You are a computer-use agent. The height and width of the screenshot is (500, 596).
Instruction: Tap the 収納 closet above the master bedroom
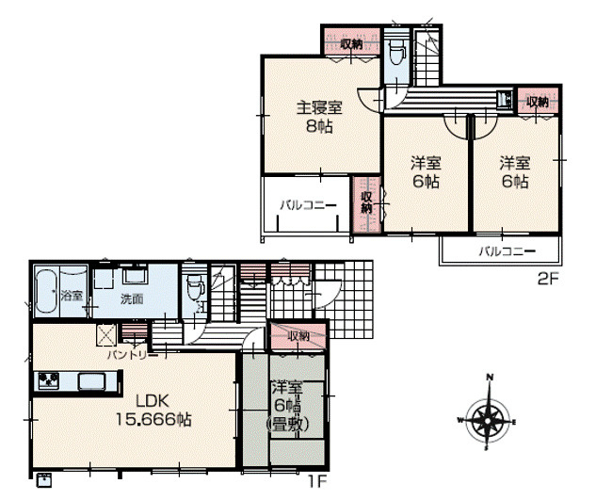coord(350,42)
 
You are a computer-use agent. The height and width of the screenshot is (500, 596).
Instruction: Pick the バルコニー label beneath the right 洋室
coord(506,250)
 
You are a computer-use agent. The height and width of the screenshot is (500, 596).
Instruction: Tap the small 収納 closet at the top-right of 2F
coord(537,102)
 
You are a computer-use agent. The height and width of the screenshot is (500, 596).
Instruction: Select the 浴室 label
coord(72,296)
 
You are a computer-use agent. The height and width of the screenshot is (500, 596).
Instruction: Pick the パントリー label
coord(125,355)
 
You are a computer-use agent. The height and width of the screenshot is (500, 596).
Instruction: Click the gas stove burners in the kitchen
coord(48,381)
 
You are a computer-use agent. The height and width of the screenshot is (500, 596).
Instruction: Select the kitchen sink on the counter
coord(94,381)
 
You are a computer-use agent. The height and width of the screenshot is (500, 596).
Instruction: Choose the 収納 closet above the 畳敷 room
coord(298,336)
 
